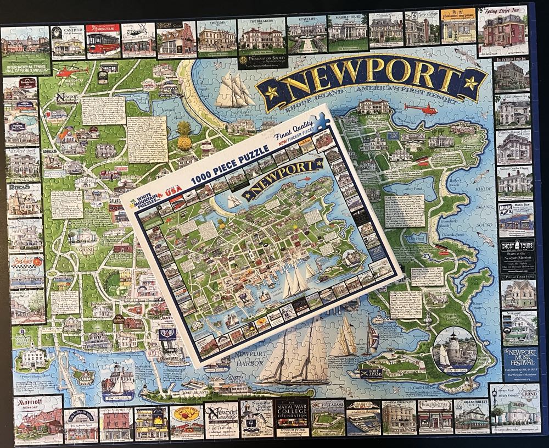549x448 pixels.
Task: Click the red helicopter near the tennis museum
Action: [x=69, y=71]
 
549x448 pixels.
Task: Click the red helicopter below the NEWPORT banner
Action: [x=422, y=108]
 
